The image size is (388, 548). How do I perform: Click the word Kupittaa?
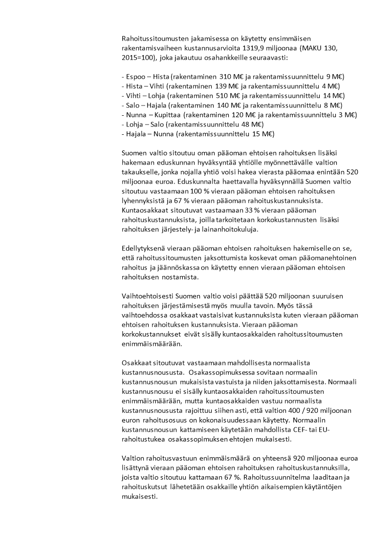pyautogui.click(x=165, y=114)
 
